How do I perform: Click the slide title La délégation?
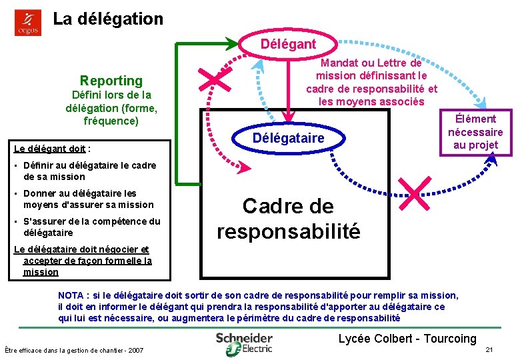108,19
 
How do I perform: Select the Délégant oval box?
288,45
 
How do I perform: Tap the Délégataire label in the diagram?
289,138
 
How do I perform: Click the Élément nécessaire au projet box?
475,132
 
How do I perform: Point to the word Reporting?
111,81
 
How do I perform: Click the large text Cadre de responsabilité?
289,218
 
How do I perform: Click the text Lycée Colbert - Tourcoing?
407,339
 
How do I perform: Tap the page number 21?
489,350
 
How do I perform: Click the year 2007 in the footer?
135,350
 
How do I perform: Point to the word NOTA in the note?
71,295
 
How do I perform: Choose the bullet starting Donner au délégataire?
88,199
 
